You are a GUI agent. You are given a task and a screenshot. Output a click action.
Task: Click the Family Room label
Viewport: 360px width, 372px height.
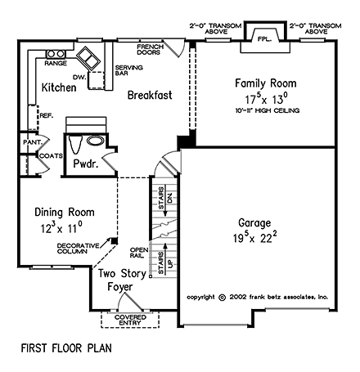click(265, 83)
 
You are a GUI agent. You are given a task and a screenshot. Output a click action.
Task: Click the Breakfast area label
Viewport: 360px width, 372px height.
click(150, 96)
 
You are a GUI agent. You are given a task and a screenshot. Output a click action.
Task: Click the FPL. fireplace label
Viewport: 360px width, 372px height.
click(263, 38)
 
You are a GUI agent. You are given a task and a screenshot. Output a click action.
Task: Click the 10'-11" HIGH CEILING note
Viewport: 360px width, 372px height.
click(266, 110)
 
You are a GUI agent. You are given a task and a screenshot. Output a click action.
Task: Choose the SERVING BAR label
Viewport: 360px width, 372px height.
click(129, 72)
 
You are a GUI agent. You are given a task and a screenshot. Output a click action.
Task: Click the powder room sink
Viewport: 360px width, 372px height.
click(94, 141)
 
